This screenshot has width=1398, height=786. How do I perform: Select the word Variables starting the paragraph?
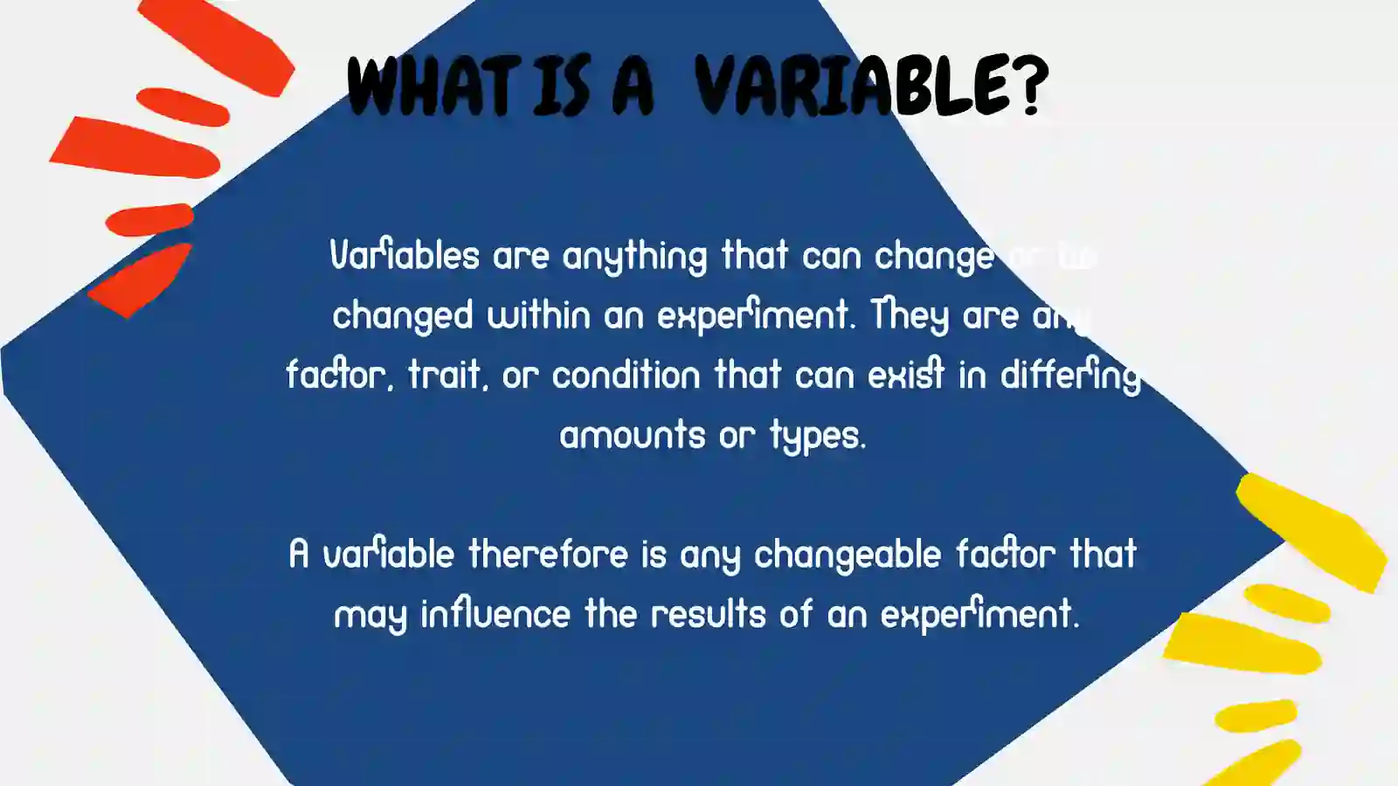point(405,256)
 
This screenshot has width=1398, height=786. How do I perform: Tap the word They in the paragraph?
point(909,315)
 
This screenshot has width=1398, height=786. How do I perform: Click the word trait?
point(447,375)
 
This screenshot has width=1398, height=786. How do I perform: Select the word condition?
point(626,375)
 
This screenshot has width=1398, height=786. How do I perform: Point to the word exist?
point(906,375)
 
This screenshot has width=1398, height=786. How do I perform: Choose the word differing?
point(1070,376)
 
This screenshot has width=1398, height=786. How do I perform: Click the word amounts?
point(632,435)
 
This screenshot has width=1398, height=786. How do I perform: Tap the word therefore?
point(548,554)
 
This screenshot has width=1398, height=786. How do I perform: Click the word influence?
point(495,613)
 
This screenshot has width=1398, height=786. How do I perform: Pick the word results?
point(709,613)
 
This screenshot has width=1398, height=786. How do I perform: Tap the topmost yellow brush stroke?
point(1311,528)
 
